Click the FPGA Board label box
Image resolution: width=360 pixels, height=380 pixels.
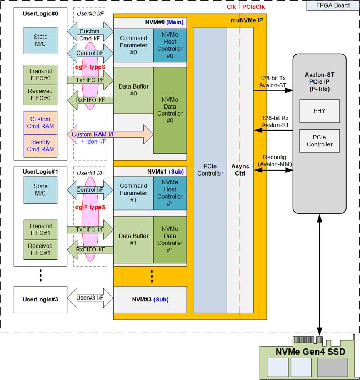click(333, 5)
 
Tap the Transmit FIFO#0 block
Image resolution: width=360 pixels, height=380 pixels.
click(40, 75)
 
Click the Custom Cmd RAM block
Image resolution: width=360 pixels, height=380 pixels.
click(40, 123)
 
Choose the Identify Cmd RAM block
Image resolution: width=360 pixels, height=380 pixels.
click(40, 146)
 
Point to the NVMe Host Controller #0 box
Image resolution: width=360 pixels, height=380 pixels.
click(170, 45)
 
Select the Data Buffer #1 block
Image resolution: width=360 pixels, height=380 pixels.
click(133, 239)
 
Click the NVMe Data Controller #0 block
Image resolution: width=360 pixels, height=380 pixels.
click(170, 110)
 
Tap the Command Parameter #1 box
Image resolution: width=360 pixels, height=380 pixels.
click(133, 193)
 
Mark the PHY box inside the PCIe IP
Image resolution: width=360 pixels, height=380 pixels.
click(319, 111)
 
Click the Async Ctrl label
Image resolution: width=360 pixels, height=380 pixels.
click(240, 170)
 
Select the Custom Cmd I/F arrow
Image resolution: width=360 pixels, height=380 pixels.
click(90, 35)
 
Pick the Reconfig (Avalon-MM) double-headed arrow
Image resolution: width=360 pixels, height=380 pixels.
click(273, 170)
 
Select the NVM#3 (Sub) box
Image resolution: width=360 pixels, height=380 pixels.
click(150, 299)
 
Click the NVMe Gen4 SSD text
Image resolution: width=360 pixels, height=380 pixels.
click(310, 352)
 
